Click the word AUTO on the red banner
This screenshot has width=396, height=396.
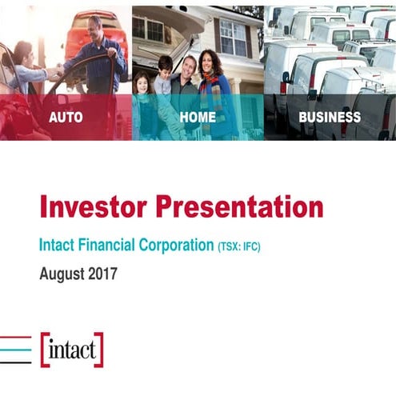click(66, 117)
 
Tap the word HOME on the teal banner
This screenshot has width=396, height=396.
click(198, 117)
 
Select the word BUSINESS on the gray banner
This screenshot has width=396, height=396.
click(330, 117)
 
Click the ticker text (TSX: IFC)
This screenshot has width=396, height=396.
click(239, 246)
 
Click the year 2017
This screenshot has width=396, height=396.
click(103, 274)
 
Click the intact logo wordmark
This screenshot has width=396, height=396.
click(72, 350)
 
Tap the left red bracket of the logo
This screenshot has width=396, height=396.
click(44, 350)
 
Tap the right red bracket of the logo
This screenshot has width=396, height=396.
click(99, 350)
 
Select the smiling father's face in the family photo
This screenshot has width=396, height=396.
click(188, 67)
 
